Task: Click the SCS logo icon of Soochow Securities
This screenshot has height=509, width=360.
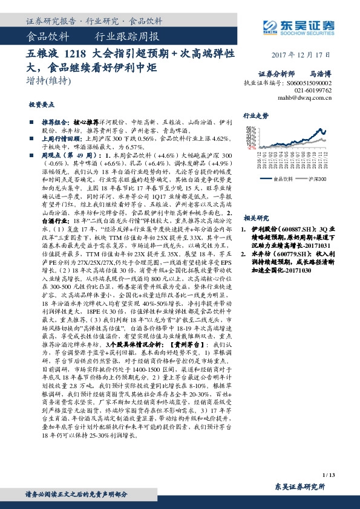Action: (x=270, y=25)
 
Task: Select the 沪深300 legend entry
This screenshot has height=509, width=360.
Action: (x=317, y=179)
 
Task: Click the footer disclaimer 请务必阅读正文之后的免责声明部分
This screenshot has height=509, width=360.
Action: (x=76, y=494)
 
